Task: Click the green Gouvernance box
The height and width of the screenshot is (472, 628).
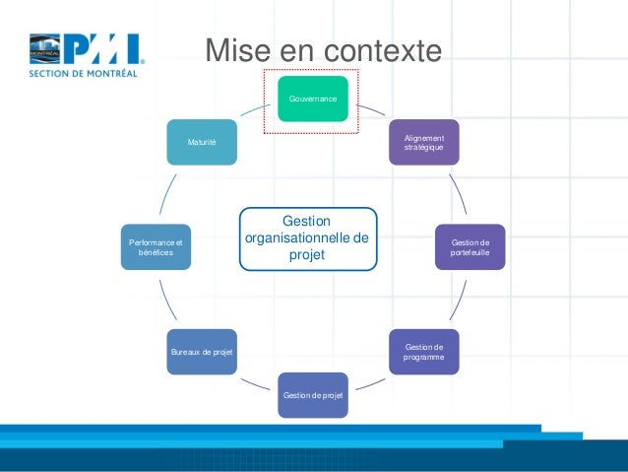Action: (312, 99)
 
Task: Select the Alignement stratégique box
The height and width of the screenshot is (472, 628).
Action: (423, 142)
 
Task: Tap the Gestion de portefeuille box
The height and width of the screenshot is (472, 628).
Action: (471, 247)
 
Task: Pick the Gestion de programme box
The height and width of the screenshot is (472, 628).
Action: (423, 352)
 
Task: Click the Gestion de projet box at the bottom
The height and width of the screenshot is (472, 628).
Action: (312, 395)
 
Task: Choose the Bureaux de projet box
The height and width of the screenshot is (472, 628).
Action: (202, 352)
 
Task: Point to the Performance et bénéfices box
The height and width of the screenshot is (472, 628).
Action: (156, 247)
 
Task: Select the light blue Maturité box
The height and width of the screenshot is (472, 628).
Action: (202, 142)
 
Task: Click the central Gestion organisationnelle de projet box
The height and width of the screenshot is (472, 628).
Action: (307, 237)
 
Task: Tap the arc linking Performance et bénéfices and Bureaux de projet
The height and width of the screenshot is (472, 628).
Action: (168, 301)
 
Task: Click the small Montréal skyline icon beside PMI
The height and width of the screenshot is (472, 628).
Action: (44, 48)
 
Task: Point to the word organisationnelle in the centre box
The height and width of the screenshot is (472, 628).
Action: (307, 237)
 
